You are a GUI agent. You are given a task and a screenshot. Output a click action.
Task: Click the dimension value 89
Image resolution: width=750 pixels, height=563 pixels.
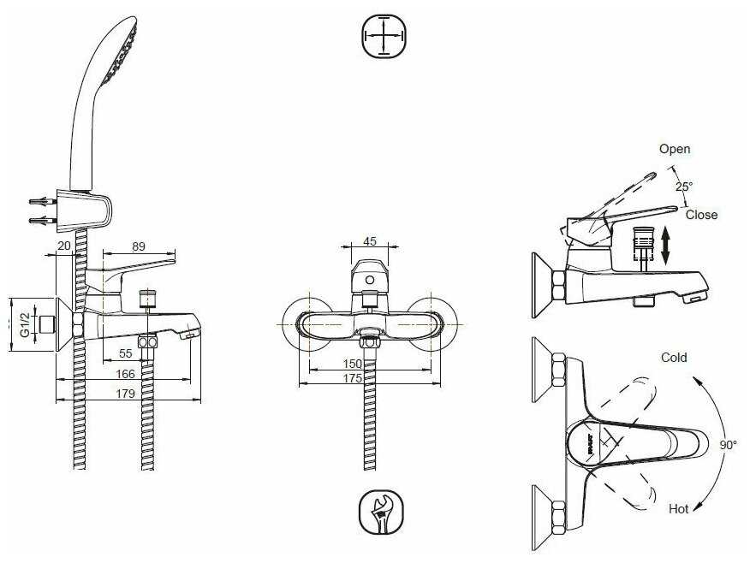pyautogui.click(x=138, y=246)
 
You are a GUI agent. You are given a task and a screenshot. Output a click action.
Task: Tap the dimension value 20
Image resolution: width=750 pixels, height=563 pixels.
pyautogui.click(x=63, y=246)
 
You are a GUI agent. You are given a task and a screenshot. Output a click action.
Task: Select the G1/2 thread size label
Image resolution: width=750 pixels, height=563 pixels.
pyautogui.click(x=25, y=326)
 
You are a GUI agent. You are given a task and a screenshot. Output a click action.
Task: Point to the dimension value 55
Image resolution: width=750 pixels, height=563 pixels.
pyautogui.click(x=125, y=353)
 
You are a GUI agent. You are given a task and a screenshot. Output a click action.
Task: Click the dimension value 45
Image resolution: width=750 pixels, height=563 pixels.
pyautogui.click(x=370, y=240)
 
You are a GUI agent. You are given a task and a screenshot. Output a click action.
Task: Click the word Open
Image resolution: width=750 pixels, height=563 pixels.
pyautogui.click(x=674, y=149)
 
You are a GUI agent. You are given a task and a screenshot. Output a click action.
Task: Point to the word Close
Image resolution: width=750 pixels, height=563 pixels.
pyautogui.click(x=701, y=215)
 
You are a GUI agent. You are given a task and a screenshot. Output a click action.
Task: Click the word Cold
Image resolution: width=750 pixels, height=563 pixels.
pyautogui.click(x=674, y=358)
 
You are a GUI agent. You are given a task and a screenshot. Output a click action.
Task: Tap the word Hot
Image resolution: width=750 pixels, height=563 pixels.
pyautogui.click(x=678, y=508)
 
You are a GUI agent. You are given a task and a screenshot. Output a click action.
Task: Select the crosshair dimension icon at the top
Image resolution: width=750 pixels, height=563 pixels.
pyautogui.click(x=383, y=37)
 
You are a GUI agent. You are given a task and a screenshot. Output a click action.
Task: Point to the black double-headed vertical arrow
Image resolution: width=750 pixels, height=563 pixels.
pyautogui.click(x=665, y=245)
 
